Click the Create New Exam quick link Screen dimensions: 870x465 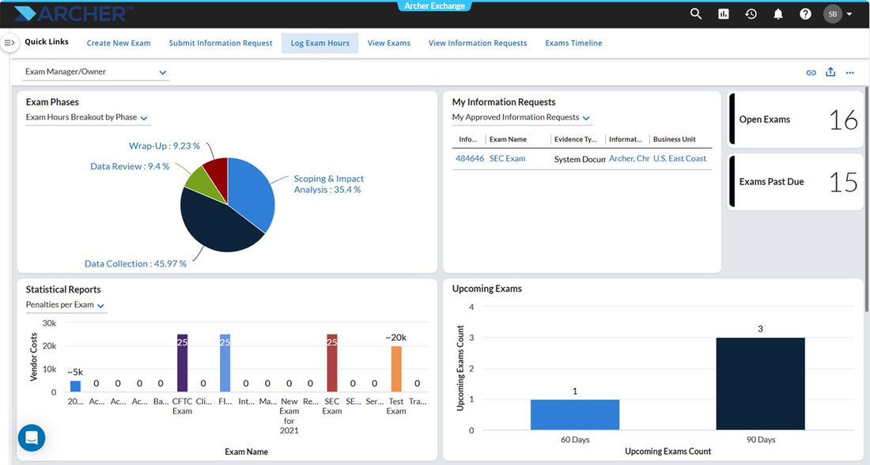pyautogui.click(x=119, y=43)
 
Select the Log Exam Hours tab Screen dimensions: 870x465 pyautogui.click(x=320, y=43)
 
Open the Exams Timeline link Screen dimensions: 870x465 pyautogui.click(x=573, y=43)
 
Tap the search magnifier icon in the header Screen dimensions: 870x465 pyautogui.click(x=696, y=14)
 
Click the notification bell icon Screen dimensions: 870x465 pyautogui.click(x=778, y=14)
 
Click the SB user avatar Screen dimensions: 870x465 pyautogui.click(x=833, y=14)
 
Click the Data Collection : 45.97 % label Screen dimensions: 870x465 pyautogui.click(x=135, y=263)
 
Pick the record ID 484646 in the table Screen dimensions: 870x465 pyautogui.click(x=469, y=158)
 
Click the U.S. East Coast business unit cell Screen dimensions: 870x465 pyautogui.click(x=679, y=158)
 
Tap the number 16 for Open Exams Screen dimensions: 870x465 pyautogui.click(x=843, y=120)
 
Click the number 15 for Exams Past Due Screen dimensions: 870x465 pyautogui.click(x=843, y=182)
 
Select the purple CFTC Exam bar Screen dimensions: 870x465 pyautogui.click(x=182, y=363)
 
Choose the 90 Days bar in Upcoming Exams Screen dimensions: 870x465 pyautogui.click(x=760, y=384)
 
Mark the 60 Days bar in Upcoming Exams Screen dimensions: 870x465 pyautogui.click(x=575, y=414)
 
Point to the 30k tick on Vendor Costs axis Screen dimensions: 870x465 pyautogui.click(x=49, y=323)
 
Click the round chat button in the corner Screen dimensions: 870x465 pyautogui.click(x=32, y=438)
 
